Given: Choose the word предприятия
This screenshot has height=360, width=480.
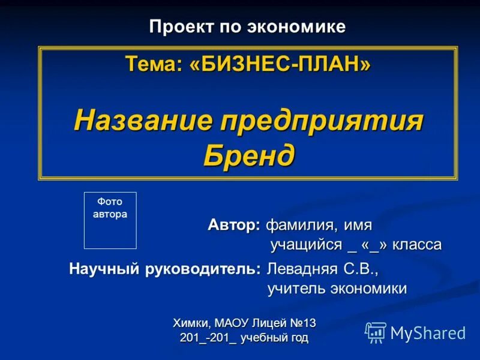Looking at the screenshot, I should tap(322, 122).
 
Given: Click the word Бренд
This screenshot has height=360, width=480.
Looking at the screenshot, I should tap(249, 156).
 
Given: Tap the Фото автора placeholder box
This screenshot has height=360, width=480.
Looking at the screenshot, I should tap(110, 220).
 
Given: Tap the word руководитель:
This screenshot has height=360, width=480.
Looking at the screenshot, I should tap(203, 268).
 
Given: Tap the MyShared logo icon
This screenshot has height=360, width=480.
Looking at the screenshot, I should tap(376, 332).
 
